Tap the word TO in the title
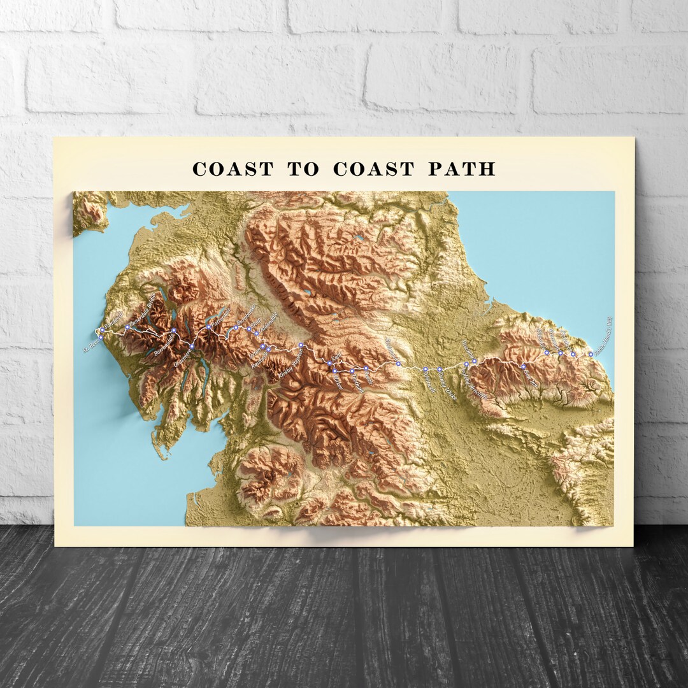303,169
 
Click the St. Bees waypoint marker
99,337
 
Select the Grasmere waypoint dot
192,346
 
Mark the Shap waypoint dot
257,333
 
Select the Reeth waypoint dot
366,368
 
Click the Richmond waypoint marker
398,363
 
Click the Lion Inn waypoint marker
523,366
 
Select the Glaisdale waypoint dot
547,352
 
